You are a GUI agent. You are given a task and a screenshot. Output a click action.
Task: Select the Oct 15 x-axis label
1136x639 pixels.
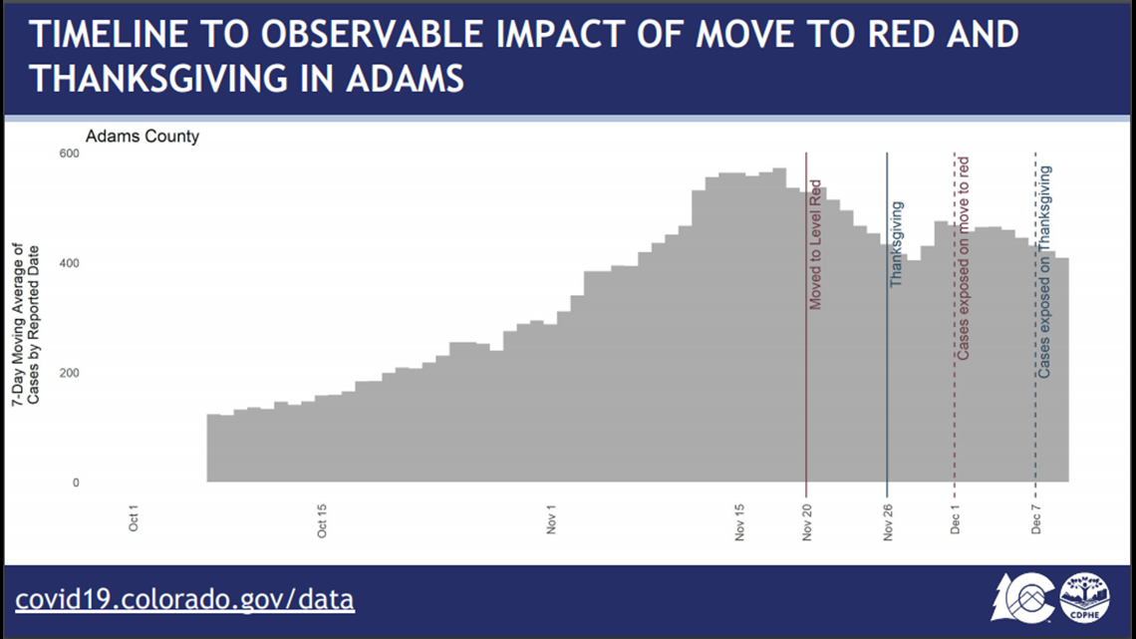[x=322, y=521]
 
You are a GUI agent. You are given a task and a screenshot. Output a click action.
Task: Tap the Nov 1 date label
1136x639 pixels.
[x=551, y=520]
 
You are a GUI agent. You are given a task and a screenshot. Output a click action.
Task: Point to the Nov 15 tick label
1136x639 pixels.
[x=739, y=522]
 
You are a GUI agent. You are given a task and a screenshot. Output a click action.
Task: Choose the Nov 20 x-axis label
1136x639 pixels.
[x=807, y=522]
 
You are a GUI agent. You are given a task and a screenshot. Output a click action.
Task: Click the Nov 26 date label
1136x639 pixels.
[x=888, y=522]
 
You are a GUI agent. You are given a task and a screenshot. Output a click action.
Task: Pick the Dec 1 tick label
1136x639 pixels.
[x=955, y=520]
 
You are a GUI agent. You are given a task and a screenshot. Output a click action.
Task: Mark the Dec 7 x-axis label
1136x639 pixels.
[x=1036, y=520]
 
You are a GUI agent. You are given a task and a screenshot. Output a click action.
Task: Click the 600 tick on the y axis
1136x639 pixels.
[x=70, y=154]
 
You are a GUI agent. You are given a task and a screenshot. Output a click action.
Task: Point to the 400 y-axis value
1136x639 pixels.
[x=70, y=264]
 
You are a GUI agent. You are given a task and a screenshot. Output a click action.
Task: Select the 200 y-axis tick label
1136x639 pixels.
[x=70, y=373]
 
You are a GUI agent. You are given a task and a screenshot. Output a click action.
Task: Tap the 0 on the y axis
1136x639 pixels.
[x=76, y=483]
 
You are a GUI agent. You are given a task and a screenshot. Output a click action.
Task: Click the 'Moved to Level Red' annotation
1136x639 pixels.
[x=816, y=245]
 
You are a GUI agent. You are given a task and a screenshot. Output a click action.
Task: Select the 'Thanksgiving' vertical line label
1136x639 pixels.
[x=897, y=244]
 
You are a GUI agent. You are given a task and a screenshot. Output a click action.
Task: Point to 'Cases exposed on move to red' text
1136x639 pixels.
[x=964, y=258]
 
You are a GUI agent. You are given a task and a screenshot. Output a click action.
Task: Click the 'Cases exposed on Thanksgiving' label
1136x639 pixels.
[x=1044, y=272]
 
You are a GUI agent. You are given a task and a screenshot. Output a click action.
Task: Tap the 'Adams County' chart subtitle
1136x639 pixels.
[x=142, y=137]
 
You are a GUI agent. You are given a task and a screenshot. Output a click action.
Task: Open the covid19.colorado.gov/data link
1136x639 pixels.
[x=184, y=600]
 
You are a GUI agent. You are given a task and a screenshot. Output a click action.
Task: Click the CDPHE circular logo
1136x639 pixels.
[x=1084, y=598]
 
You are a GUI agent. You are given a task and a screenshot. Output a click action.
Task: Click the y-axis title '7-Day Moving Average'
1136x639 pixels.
[x=18, y=324]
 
